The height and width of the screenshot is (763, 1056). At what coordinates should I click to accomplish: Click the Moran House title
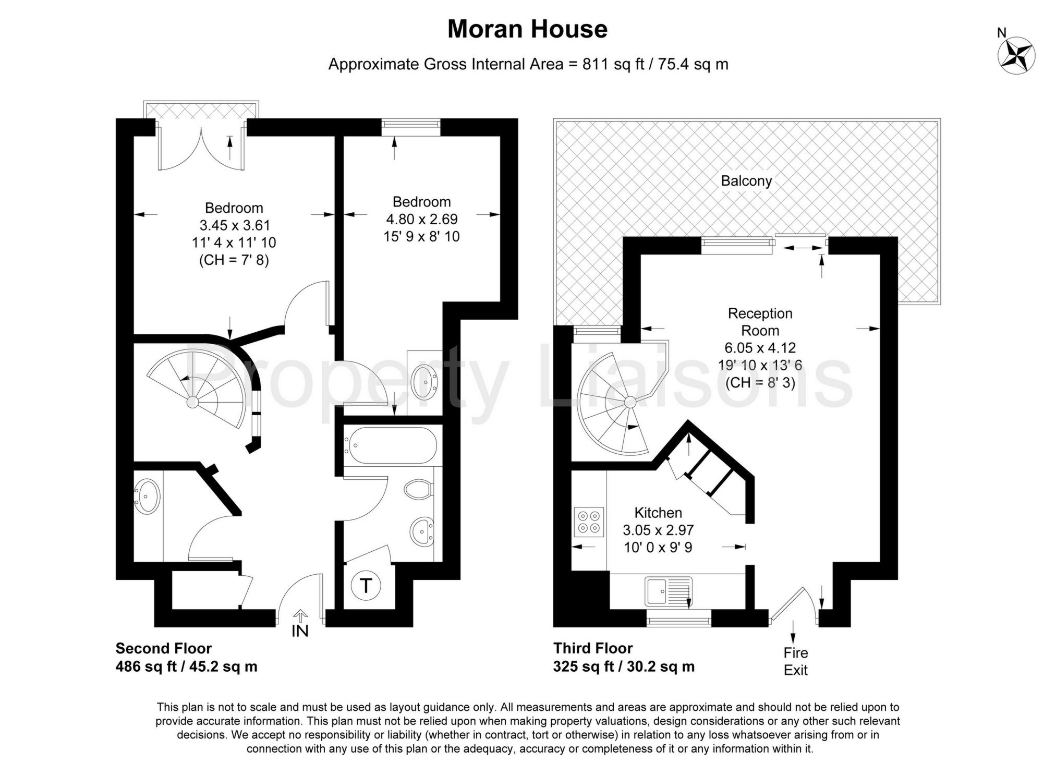pyautogui.click(x=527, y=29)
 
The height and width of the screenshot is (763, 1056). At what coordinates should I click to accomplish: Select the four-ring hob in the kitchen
pyautogui.click(x=589, y=522)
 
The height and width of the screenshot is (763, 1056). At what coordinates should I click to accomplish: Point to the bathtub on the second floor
pyautogui.click(x=390, y=444)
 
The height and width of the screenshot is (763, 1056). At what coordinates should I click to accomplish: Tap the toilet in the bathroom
pyautogui.click(x=418, y=489)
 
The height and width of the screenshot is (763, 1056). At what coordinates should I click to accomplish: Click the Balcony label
pyautogui.click(x=746, y=181)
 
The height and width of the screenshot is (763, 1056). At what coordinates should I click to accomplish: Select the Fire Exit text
pyautogui.click(x=795, y=661)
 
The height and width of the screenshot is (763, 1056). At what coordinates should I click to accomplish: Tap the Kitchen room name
pyautogui.click(x=658, y=512)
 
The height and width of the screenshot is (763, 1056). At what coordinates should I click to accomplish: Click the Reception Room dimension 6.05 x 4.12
pyautogui.click(x=760, y=347)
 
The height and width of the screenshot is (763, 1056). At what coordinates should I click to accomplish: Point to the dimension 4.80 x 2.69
pyautogui.click(x=421, y=219)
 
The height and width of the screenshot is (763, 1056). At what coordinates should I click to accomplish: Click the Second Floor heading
pyautogui.click(x=163, y=648)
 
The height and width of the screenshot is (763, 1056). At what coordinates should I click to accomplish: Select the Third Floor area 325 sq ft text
pyautogui.click(x=624, y=667)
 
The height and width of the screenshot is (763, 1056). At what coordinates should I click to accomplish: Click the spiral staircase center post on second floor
pyautogui.click(x=192, y=402)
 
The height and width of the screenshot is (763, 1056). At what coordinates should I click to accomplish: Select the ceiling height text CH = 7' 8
pyautogui.click(x=234, y=260)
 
